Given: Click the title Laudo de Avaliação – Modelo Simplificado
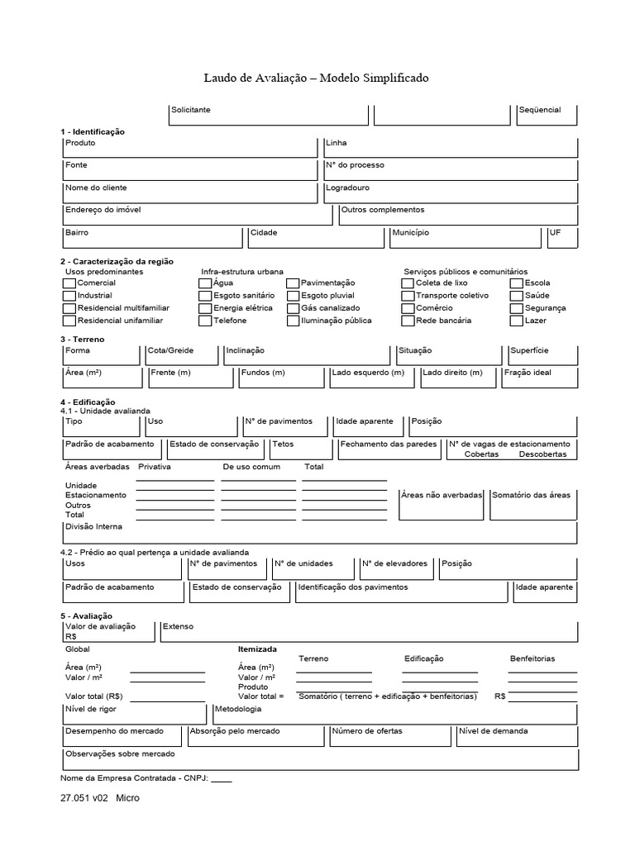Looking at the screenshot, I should tap(317, 78).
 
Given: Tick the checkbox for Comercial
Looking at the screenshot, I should tap(69, 283).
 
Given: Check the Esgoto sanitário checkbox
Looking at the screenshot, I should tap(205, 296).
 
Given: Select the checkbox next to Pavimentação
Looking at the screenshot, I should tap(293, 283).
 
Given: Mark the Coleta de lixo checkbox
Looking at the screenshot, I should tap(408, 283).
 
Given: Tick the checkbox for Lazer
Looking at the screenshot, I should tap(517, 321).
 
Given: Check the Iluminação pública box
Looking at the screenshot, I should tap(293, 321).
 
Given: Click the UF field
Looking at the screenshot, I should tap(562, 238).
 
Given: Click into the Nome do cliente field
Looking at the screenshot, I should tap(189, 193).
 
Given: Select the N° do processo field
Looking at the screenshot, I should tap(450, 170).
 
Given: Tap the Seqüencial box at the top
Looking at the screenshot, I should tap(547, 116).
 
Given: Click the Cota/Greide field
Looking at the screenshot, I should tap(183, 355).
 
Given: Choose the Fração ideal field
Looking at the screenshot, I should tap(539, 378).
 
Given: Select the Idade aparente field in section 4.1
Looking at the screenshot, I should tap(369, 426).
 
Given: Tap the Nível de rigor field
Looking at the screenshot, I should tap(134, 714).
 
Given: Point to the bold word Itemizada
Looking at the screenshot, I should tap(257, 649).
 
